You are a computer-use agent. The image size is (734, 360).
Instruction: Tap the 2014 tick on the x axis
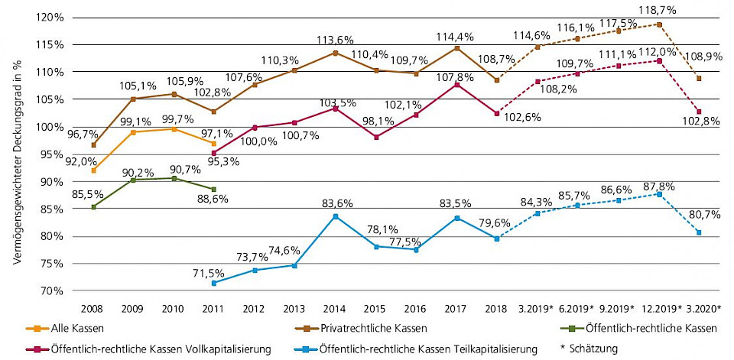click(x=336, y=310)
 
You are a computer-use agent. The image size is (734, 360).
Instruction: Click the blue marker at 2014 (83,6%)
click(x=336, y=216)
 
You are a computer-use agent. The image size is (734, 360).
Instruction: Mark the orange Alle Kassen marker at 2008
click(x=93, y=170)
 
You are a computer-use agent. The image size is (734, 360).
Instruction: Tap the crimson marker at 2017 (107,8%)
click(x=456, y=84)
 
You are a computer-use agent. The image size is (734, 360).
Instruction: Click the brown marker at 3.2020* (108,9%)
click(x=699, y=78)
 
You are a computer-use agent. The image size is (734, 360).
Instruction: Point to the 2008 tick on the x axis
click(x=93, y=310)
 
